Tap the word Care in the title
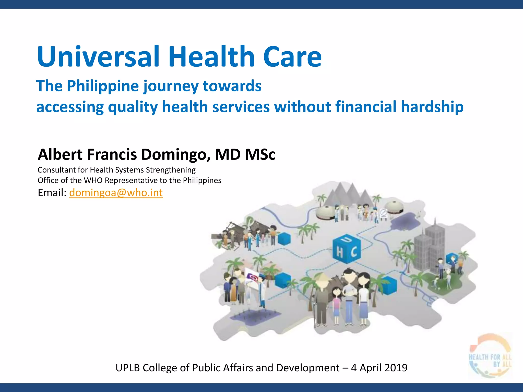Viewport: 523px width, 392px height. tap(292, 56)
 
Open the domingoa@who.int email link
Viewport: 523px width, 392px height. tap(116, 193)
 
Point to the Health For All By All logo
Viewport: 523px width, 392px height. tap(490, 356)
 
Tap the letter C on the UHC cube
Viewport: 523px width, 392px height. tap(354, 252)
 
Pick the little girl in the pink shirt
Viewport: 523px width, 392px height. tap(337, 304)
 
